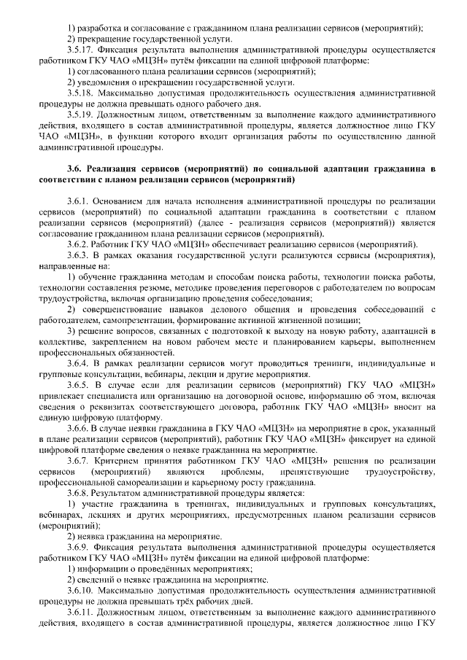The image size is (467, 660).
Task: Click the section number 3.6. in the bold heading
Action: click(76, 168)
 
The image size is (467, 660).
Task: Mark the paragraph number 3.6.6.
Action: click(78, 430)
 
